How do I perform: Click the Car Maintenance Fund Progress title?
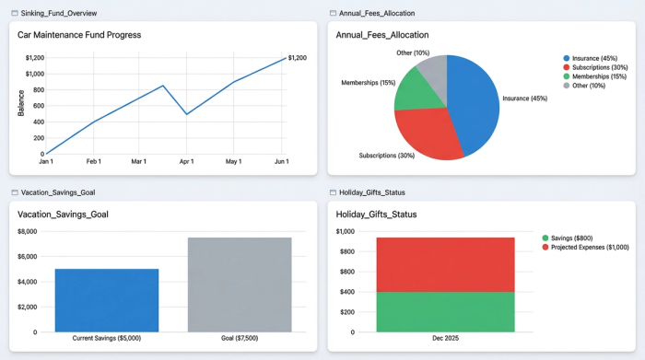tap(79, 35)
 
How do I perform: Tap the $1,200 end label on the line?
tap(297, 58)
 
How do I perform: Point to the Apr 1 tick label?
tap(187, 162)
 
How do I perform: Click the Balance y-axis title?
tap(20, 102)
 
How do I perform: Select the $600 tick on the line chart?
tap(34, 106)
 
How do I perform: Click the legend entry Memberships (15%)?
tap(599, 76)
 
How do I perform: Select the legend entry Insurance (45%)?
tap(594, 58)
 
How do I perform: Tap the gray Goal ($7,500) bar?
tap(240, 285)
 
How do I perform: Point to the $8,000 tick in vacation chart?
tap(28, 231)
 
